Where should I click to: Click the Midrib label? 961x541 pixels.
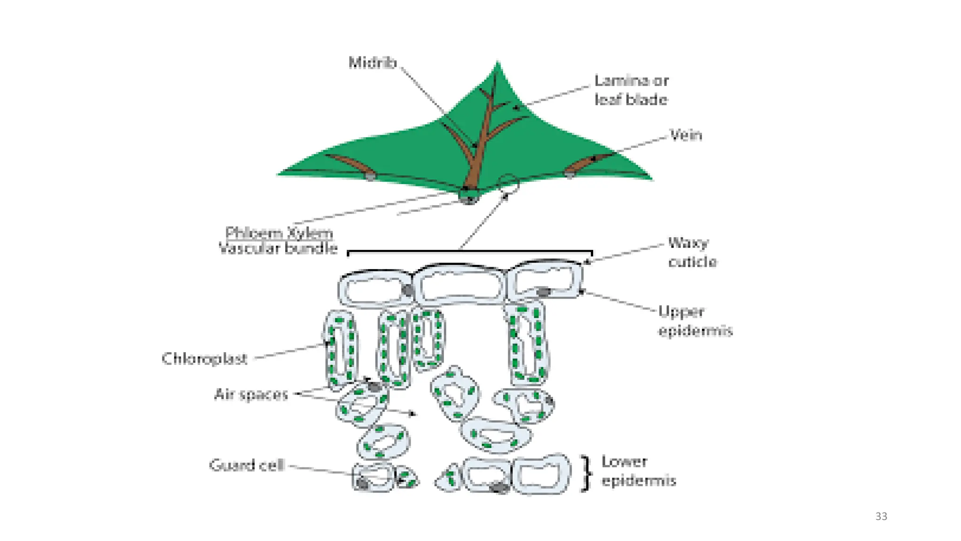point(373,62)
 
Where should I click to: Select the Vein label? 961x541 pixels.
point(686,135)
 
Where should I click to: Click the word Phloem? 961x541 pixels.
point(252,233)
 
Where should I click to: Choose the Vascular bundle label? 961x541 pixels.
point(278,248)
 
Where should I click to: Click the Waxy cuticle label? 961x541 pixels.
point(692,252)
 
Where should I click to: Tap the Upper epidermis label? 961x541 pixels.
point(695,321)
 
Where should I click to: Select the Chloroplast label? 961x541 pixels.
point(204,359)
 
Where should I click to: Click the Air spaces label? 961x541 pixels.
point(251,394)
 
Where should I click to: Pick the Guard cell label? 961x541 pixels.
point(247,465)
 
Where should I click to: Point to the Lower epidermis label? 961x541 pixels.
point(638,471)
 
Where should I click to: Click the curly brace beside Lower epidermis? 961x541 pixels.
point(585,473)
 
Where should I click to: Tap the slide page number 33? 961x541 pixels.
point(881,517)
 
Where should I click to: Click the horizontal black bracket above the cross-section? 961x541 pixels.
point(469,252)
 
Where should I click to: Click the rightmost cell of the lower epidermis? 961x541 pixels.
point(542,474)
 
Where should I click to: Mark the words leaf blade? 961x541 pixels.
point(631,100)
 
